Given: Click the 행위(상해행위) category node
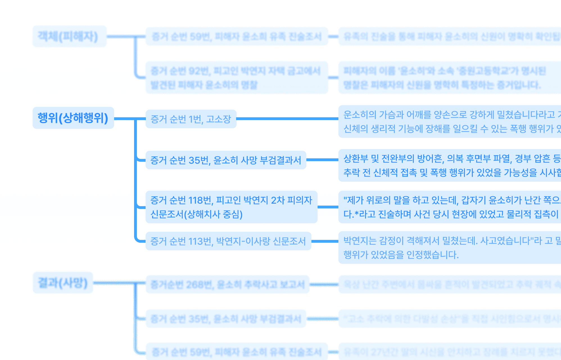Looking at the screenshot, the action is click(x=73, y=118).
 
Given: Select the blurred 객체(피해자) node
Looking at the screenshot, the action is click(x=69, y=36).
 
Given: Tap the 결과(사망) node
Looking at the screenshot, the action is click(x=63, y=283).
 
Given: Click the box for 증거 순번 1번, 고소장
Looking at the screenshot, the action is click(x=191, y=119).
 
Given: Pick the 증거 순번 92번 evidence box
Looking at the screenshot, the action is click(x=236, y=77).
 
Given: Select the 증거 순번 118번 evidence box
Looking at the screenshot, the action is click(x=231, y=207).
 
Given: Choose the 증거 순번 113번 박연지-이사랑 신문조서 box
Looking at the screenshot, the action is click(x=228, y=241).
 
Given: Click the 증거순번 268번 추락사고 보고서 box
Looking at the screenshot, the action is click(x=227, y=284).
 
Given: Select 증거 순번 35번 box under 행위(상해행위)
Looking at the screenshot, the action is click(x=226, y=160).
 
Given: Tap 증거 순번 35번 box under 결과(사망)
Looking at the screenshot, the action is click(x=226, y=319).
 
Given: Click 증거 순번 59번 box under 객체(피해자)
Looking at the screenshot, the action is click(x=236, y=36).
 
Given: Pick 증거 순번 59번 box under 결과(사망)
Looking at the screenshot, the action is click(x=236, y=352).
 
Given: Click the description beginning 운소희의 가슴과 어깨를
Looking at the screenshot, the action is click(x=450, y=121).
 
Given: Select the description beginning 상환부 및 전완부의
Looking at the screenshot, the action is click(x=450, y=165).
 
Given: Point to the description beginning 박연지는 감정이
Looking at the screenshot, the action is click(x=450, y=247).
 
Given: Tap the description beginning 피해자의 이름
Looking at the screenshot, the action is click(x=450, y=77).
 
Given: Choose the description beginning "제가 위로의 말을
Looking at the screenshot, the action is click(x=450, y=207).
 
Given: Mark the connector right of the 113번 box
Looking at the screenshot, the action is click(x=325, y=241).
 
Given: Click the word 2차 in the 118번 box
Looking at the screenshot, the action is click(x=278, y=200).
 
